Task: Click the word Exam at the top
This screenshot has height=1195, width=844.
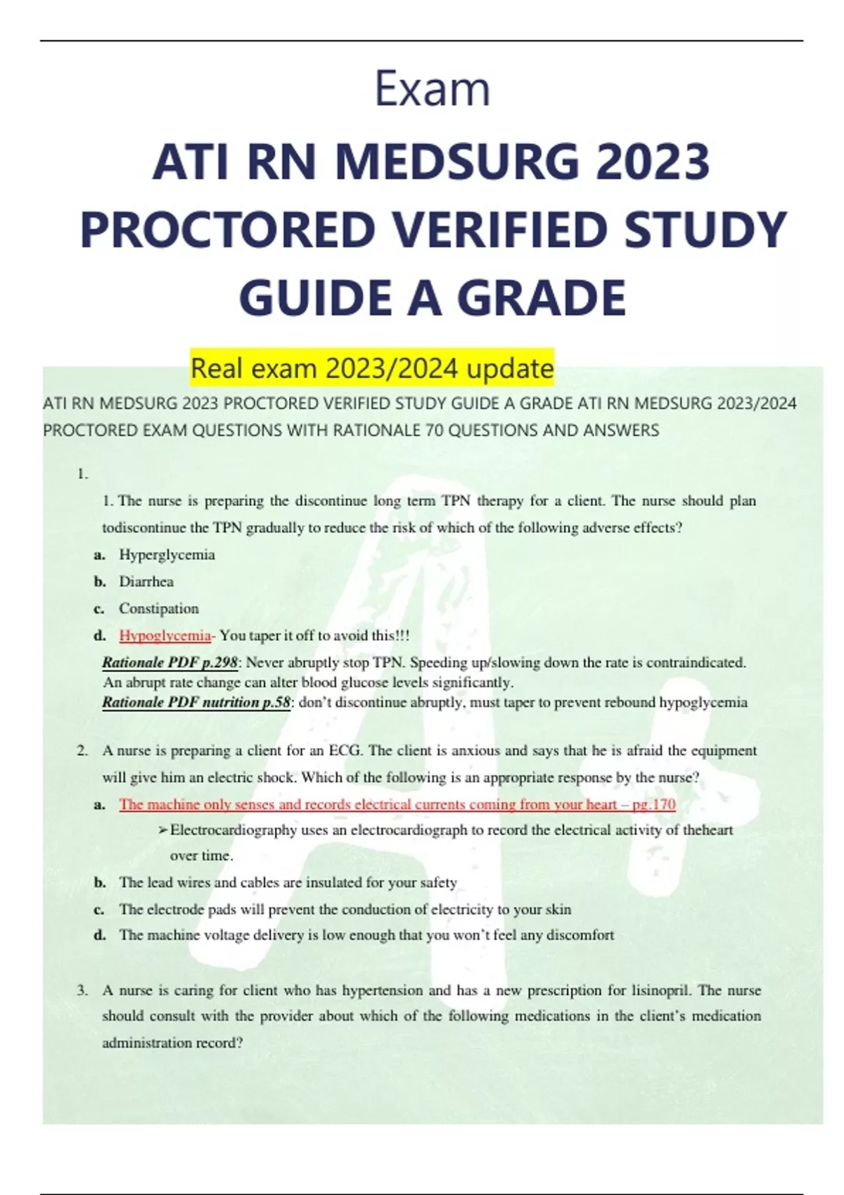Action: [432, 90]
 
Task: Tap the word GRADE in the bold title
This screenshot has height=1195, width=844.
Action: [542, 297]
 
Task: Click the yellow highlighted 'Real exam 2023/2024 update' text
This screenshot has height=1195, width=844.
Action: [372, 368]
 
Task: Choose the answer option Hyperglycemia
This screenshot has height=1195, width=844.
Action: [167, 555]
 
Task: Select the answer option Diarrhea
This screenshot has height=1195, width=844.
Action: [146, 581]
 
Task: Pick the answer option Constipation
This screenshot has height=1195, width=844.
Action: [158, 608]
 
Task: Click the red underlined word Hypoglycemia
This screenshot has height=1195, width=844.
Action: [165, 635]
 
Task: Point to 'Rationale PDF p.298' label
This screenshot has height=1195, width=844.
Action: [170, 662]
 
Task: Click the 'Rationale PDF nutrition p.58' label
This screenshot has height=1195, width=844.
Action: [196, 702]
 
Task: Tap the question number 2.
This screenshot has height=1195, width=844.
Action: [82, 751]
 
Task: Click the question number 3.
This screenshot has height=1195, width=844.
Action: [82, 990]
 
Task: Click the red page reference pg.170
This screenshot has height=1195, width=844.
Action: [654, 804]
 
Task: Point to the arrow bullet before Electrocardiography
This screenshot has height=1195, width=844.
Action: [163, 831]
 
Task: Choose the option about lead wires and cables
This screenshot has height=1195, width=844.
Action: [288, 882]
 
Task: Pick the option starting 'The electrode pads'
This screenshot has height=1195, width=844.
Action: [345, 909]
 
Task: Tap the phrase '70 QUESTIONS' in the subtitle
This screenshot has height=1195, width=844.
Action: [481, 430]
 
